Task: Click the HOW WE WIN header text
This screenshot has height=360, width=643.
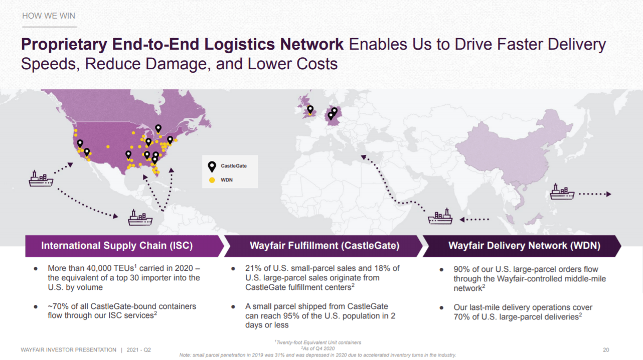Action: click(x=49, y=16)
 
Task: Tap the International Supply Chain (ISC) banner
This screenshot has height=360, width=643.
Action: click(x=117, y=246)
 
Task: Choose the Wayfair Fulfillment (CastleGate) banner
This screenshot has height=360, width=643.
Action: click(x=324, y=246)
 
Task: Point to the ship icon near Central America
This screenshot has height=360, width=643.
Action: click(x=140, y=218)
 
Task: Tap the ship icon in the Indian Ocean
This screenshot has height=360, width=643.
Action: click(x=440, y=217)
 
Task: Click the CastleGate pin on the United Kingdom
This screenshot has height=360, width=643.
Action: click(x=310, y=109)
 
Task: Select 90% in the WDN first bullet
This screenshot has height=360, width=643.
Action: click(x=461, y=269)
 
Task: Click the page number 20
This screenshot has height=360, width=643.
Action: click(x=606, y=349)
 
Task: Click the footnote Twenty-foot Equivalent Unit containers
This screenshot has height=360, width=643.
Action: click(x=318, y=342)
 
